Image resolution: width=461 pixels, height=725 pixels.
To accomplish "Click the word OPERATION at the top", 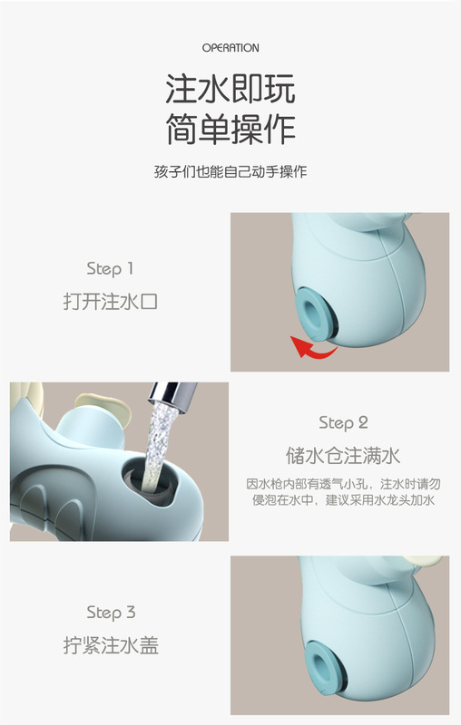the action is [230, 48].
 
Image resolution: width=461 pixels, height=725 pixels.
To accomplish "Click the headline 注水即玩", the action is [230, 89].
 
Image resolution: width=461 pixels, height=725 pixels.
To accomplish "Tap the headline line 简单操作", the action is [230, 129].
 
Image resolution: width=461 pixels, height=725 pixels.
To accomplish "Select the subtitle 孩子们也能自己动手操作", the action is [230, 172].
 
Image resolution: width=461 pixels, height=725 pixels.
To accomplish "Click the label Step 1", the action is [110, 269].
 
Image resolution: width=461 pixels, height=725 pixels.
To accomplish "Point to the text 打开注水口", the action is [110, 302].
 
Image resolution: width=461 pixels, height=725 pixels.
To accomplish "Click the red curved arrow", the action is [312, 348].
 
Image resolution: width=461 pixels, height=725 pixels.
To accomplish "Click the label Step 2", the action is [343, 423].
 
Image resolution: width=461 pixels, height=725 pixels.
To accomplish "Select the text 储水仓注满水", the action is [343, 456].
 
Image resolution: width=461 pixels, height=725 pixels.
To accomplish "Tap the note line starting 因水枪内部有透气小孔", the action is [343, 484].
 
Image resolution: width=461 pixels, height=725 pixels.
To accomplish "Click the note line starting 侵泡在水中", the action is [343, 500].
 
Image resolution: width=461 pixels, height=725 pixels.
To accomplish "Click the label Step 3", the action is [111, 613].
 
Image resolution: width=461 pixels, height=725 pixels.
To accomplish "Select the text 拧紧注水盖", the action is [111, 645].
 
